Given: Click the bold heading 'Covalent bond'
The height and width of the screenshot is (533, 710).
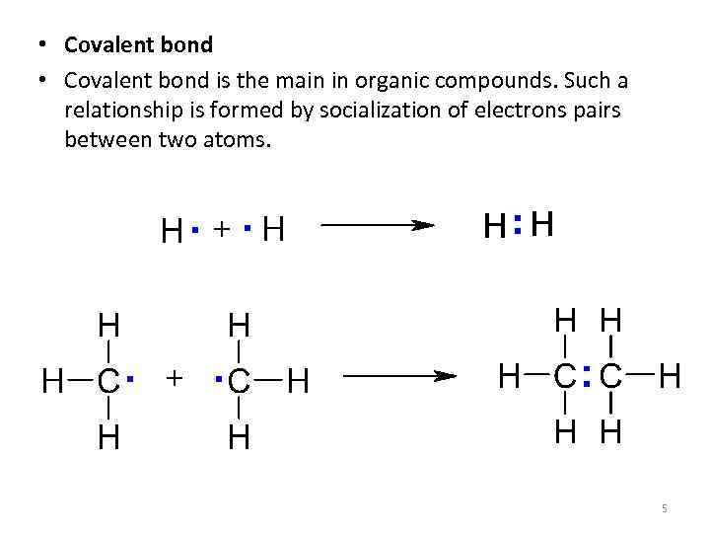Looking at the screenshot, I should tap(138, 44).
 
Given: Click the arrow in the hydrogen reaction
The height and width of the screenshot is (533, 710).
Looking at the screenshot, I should tap(378, 225).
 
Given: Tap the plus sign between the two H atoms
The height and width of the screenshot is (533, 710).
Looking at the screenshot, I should tap(222, 230).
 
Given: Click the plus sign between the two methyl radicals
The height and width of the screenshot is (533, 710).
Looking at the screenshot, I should tap(175, 378).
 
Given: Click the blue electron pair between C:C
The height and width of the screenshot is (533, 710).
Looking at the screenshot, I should tap(587, 376).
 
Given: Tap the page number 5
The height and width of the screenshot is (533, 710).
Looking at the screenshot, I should tap(665, 507).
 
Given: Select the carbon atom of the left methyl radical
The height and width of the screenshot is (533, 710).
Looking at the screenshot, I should tap(108, 381).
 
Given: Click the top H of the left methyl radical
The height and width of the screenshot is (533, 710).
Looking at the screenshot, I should tap(108, 325).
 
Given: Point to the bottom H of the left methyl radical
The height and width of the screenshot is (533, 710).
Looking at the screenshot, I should tap(108, 437).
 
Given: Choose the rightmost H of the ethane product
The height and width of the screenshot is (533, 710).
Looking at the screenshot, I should tap(671, 376).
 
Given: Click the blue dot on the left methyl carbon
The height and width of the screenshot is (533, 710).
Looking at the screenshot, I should tap(131, 376).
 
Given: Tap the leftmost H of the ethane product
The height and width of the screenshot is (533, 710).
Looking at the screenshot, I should tap(510, 376).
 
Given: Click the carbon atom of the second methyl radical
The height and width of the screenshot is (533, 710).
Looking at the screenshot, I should tap(238, 381).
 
